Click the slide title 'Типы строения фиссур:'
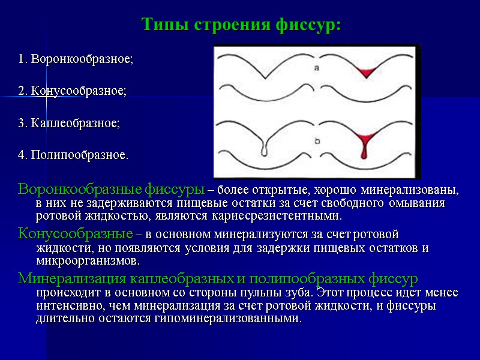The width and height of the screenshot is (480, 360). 241,25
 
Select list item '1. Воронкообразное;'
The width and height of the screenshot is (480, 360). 76,60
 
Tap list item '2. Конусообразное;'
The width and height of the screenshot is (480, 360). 73,91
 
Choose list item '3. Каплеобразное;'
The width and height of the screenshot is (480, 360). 69,123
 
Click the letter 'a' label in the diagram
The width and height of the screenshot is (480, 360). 316,68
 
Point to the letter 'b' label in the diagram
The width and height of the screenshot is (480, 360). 316,142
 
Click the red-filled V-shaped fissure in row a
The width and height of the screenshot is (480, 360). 365,73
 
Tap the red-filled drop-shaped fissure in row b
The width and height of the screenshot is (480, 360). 364,146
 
